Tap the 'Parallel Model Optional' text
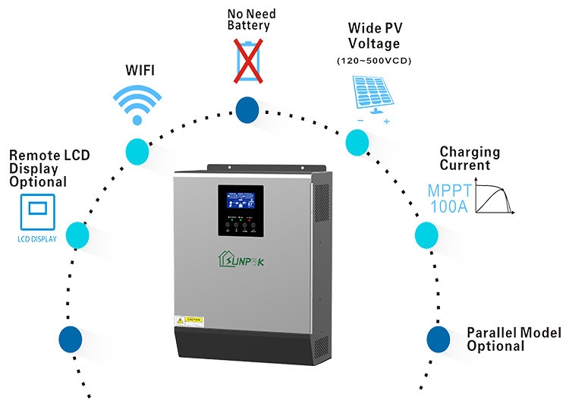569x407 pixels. pos(513,339)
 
